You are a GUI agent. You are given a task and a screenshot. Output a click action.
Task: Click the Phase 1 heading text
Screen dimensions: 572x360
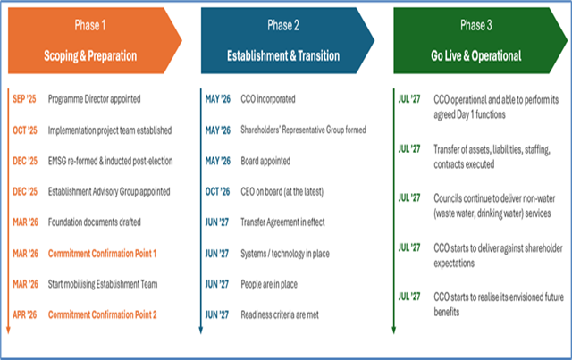click(90, 25)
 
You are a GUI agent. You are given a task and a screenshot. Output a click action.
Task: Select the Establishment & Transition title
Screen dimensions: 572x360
click(283, 55)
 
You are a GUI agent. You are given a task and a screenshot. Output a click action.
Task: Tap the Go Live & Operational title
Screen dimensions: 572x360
click(476, 55)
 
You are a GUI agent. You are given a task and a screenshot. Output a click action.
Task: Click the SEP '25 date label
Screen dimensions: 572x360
click(24, 99)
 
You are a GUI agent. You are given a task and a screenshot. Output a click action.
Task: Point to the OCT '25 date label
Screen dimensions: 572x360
click(25, 130)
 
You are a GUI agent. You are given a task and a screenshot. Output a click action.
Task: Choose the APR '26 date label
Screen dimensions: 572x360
click(25, 314)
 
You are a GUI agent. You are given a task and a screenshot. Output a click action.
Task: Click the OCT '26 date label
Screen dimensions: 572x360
click(217, 191)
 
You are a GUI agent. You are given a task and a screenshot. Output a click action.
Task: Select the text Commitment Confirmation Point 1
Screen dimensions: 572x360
click(102, 254)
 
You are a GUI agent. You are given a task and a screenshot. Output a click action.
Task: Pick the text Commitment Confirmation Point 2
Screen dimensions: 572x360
click(103, 314)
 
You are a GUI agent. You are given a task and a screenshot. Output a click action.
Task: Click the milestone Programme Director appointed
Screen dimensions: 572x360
click(94, 99)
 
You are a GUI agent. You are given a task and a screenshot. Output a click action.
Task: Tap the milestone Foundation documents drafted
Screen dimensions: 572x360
click(95, 222)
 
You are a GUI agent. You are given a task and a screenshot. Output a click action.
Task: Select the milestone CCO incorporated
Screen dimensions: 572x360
click(268, 99)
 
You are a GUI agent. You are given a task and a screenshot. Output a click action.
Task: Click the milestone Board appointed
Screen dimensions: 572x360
click(265, 161)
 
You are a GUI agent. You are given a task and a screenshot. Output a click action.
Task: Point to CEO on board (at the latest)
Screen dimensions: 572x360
click(282, 191)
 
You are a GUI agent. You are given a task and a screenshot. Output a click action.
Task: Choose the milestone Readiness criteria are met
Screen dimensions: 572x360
click(280, 314)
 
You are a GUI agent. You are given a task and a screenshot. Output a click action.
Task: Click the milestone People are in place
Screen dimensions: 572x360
click(269, 284)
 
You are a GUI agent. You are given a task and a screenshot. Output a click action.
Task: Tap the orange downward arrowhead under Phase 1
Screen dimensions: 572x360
click(8, 331)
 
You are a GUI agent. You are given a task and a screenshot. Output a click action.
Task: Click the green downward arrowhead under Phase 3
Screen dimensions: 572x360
click(393, 331)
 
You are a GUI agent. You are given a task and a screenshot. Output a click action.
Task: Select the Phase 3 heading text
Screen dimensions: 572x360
click(476, 25)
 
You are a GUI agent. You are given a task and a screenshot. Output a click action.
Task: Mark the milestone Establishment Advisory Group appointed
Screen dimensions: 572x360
click(109, 191)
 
